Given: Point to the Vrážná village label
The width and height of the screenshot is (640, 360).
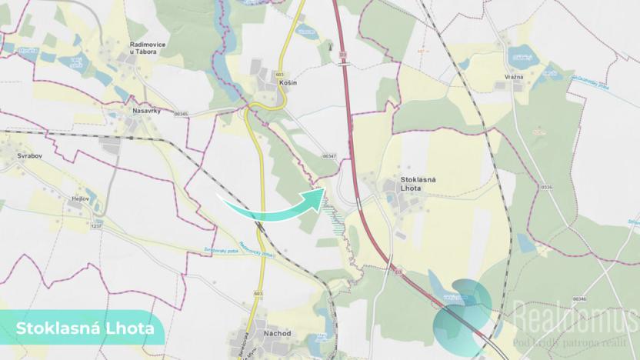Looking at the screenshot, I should click(514, 77).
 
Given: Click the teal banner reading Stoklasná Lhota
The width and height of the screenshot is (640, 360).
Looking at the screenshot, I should click(82, 329).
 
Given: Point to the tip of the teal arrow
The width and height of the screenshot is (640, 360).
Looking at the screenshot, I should click(323, 193).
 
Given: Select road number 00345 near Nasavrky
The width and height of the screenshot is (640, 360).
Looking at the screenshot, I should click(181, 114).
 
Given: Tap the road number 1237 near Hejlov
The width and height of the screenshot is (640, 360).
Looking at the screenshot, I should click(96, 225).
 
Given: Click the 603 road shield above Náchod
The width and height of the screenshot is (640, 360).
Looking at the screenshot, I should click(258, 293).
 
